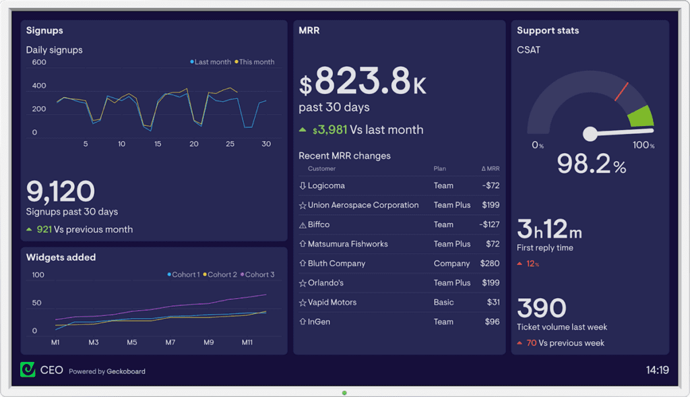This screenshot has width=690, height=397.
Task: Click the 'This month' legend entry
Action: click(256, 62)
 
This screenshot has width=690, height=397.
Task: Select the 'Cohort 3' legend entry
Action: click(259, 274)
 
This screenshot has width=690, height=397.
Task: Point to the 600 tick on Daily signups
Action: click(39, 63)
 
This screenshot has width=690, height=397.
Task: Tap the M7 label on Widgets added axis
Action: click(171, 342)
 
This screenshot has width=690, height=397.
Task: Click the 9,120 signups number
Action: click(61, 191)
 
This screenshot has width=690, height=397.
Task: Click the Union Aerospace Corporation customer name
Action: click(363, 205)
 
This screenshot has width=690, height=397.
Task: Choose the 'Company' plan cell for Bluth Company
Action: click(451, 264)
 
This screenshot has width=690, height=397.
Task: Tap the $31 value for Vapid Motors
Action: click(493, 303)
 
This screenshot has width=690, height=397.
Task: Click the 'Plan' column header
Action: click(439, 169)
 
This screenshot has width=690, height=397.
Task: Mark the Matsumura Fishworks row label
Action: click(348, 244)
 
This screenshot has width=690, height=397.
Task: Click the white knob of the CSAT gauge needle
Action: click(590, 134)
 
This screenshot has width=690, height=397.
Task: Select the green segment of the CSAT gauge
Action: click(640, 116)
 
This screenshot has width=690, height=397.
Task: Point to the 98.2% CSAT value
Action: click(591, 164)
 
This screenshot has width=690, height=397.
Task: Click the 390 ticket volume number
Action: click(542, 308)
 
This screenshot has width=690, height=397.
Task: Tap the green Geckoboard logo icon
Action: click(28, 369)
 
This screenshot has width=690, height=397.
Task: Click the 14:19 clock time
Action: click(656, 370)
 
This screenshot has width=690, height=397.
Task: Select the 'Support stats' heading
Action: click(548, 30)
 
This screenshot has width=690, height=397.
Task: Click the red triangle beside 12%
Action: click(520, 264)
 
